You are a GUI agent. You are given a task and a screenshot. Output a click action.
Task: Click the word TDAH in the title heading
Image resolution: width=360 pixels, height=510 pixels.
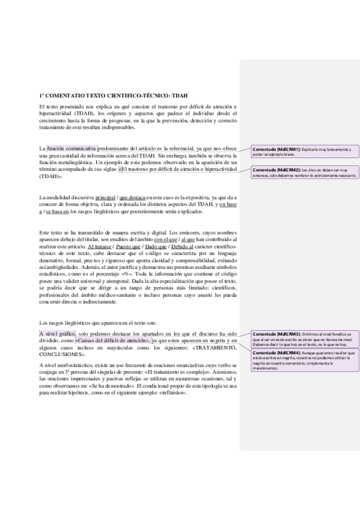pos(179,95)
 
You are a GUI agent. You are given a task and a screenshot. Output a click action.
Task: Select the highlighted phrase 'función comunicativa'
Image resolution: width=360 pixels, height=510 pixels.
pos(72,147)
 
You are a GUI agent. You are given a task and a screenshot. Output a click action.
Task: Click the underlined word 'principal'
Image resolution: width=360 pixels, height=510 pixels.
pos(105,197)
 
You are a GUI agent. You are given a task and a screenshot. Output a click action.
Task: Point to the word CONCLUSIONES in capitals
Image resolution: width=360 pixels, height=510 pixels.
pos(59,355)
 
